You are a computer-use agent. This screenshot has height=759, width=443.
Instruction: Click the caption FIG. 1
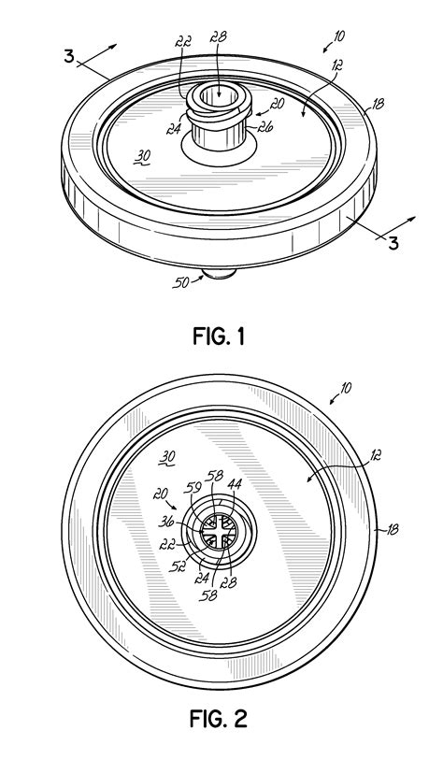click(219, 336)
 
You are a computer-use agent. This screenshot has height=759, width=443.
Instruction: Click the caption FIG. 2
click(219, 718)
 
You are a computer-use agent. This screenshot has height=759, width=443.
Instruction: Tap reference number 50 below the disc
click(180, 281)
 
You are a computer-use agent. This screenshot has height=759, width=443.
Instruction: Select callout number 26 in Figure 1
click(265, 127)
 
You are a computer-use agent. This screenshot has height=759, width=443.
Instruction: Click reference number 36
click(166, 523)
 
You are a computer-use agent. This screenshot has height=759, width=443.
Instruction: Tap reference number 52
click(177, 566)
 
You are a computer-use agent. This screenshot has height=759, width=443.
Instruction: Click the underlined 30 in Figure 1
click(142, 156)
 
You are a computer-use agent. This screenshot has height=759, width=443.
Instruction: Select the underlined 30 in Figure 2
click(168, 456)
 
